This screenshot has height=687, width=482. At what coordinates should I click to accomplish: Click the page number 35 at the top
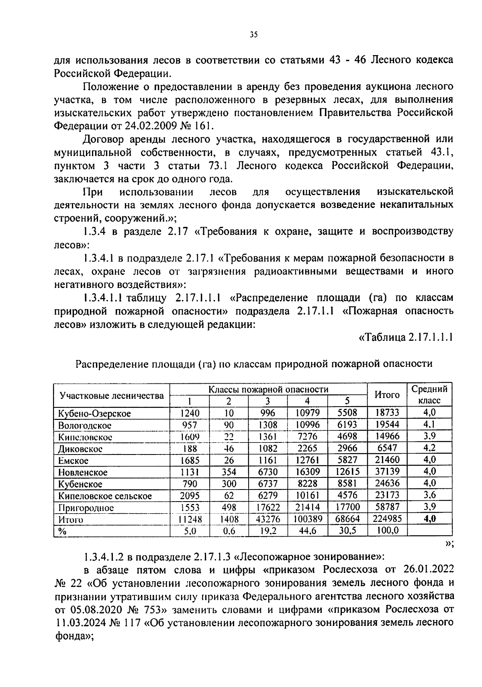click(253, 35)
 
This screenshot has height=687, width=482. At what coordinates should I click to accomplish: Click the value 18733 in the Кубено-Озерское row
click(386, 413)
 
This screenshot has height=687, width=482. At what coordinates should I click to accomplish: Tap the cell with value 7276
click(307, 437)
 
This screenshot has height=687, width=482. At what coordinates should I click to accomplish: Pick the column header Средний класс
click(429, 395)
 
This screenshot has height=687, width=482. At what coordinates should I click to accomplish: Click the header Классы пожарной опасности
click(268, 389)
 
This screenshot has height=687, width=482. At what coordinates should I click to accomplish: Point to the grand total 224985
click(387, 519)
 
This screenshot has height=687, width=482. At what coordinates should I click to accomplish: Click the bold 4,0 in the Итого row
click(430, 519)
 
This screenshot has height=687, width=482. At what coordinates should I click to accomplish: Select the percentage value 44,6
click(308, 531)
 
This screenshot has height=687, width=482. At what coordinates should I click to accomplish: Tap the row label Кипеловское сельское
click(105, 496)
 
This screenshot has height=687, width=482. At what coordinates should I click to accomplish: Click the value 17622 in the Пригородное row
click(268, 508)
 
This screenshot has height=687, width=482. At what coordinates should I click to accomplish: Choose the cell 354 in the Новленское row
click(229, 472)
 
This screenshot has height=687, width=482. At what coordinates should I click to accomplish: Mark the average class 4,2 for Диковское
click(429, 448)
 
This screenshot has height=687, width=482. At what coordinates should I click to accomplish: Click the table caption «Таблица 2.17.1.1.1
click(405, 337)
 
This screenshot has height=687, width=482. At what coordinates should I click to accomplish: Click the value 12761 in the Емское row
click(307, 461)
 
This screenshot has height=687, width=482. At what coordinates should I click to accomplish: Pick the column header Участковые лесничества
click(112, 395)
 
